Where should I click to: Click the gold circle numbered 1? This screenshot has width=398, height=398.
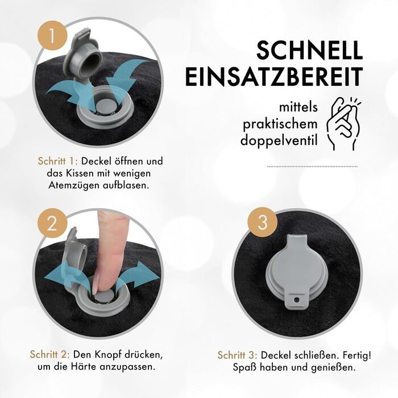pos(52,35)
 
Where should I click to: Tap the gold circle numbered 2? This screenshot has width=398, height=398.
pos(52,223)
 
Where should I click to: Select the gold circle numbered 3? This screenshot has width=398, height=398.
pos(262,222)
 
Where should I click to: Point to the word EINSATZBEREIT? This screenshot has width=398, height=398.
pos(274,76)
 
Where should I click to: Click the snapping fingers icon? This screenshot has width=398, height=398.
pos(344,124)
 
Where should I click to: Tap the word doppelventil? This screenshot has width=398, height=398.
pos(279,140)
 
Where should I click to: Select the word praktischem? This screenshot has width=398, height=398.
pos(280,125)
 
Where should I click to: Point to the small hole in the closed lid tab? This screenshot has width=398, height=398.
pos(296,300)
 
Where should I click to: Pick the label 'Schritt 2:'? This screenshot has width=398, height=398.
pos(50,354)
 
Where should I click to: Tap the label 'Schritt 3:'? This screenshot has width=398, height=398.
pos(237,355)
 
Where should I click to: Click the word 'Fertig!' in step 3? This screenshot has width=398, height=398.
pos(357,355)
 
